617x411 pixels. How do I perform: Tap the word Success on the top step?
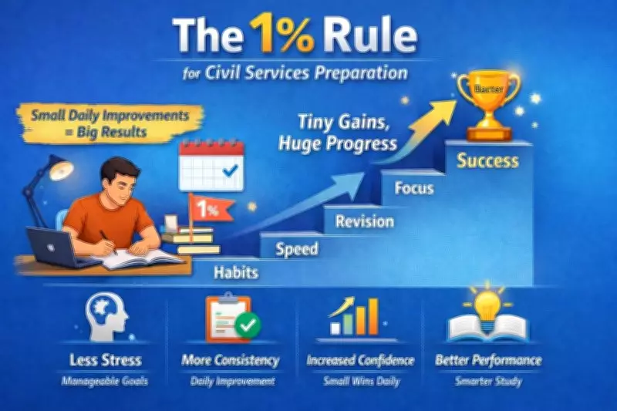coord(487,162)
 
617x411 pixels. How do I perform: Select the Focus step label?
coord(413,188)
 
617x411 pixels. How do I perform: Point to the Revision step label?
coord(364,222)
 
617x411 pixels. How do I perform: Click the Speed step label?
coord(297,249)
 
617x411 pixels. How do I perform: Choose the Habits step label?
coord(236,272)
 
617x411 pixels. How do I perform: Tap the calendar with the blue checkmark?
coord(211,166)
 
